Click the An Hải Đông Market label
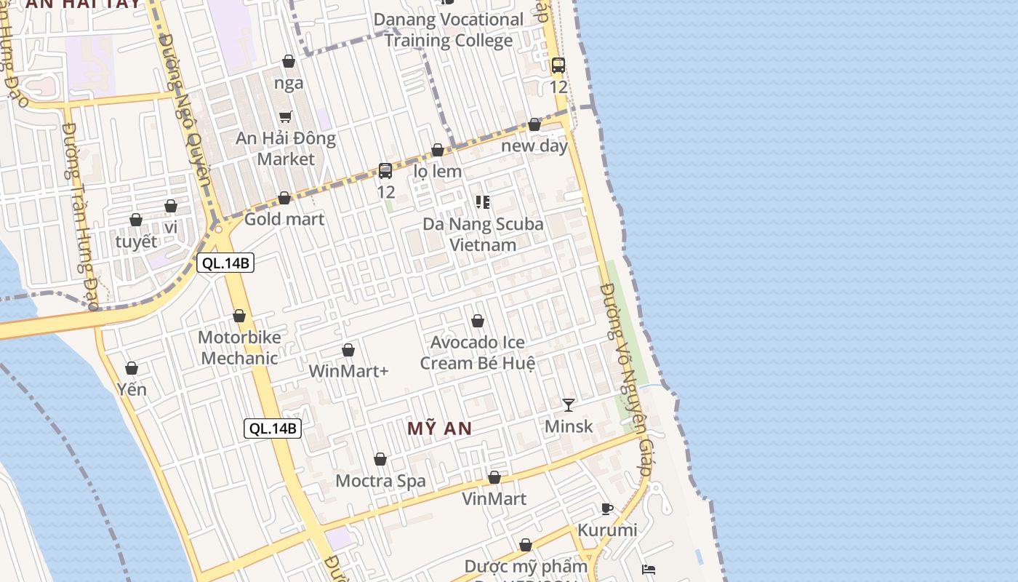click(x=286, y=148)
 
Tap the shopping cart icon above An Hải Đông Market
click(x=286, y=116)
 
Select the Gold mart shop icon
click(x=284, y=198)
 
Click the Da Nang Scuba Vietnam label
click(x=483, y=234)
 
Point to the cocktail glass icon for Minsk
click(x=569, y=404)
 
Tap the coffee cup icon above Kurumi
click(x=607, y=509)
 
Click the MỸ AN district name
click(x=440, y=428)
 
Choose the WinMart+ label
click(x=349, y=371)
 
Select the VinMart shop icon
click(x=494, y=478)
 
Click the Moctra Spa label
click(x=380, y=481)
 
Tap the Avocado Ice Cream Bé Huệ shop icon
click(x=478, y=321)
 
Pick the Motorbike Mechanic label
click(x=239, y=348)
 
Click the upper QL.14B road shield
click(x=225, y=263)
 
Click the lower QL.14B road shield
click(x=273, y=428)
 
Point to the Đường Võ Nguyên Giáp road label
click(x=625, y=378)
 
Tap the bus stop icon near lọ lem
click(x=385, y=171)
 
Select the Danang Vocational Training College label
click(x=449, y=30)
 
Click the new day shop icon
click(x=534, y=124)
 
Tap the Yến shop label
click(x=132, y=389)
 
